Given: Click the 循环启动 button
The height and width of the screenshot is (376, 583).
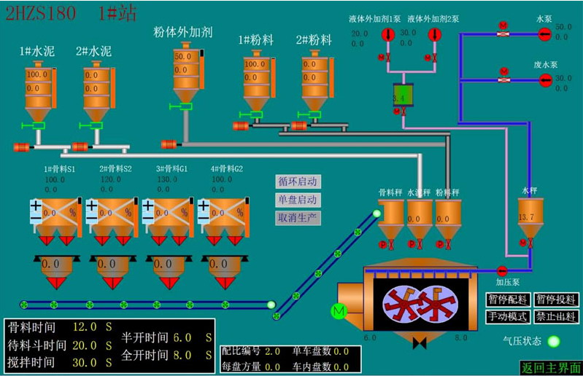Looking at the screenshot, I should pos(298,181).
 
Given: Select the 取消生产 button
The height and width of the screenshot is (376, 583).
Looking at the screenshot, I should pos(298,217).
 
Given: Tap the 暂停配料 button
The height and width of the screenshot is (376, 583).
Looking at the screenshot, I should pos(506,299).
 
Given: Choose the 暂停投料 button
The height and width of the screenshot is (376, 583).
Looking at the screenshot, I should pos(556,299).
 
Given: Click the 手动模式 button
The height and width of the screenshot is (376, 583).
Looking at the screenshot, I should pos(506,316).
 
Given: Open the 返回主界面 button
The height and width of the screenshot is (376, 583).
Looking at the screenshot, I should pos(551,367).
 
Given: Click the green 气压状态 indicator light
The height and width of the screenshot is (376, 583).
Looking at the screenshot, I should pos(554,341).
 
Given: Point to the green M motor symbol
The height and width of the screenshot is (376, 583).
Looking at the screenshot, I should pos(338,311).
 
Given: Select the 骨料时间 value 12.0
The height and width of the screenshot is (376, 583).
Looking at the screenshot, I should pos(85,326).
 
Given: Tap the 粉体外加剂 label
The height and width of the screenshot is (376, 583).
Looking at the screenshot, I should pos(182,32).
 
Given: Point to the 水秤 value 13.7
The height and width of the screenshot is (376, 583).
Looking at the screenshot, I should pos(525,217).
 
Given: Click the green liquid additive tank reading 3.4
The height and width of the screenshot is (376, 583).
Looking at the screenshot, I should pos(398,98).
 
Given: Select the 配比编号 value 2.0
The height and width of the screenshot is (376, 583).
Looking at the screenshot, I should pos(272,351).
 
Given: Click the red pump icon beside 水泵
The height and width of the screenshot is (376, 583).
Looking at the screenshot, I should pos(545,34).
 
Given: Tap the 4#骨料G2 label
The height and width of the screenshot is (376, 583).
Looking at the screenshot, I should pos(227,169).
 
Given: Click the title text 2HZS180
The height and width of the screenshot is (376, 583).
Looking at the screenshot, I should pos(40,13).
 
